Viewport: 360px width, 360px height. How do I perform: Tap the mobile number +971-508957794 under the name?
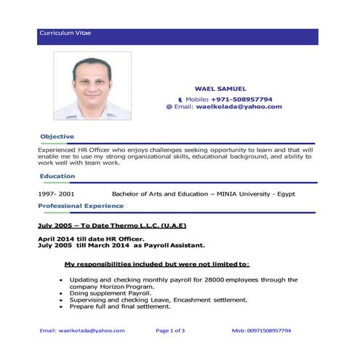click(239, 98)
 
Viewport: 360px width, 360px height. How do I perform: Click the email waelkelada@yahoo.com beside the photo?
click(244, 107)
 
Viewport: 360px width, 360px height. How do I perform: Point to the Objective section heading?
click(57, 137)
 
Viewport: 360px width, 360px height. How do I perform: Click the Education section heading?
click(57, 176)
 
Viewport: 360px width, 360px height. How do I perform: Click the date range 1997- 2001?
click(56, 195)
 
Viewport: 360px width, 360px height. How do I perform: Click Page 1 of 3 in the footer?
click(170, 330)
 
